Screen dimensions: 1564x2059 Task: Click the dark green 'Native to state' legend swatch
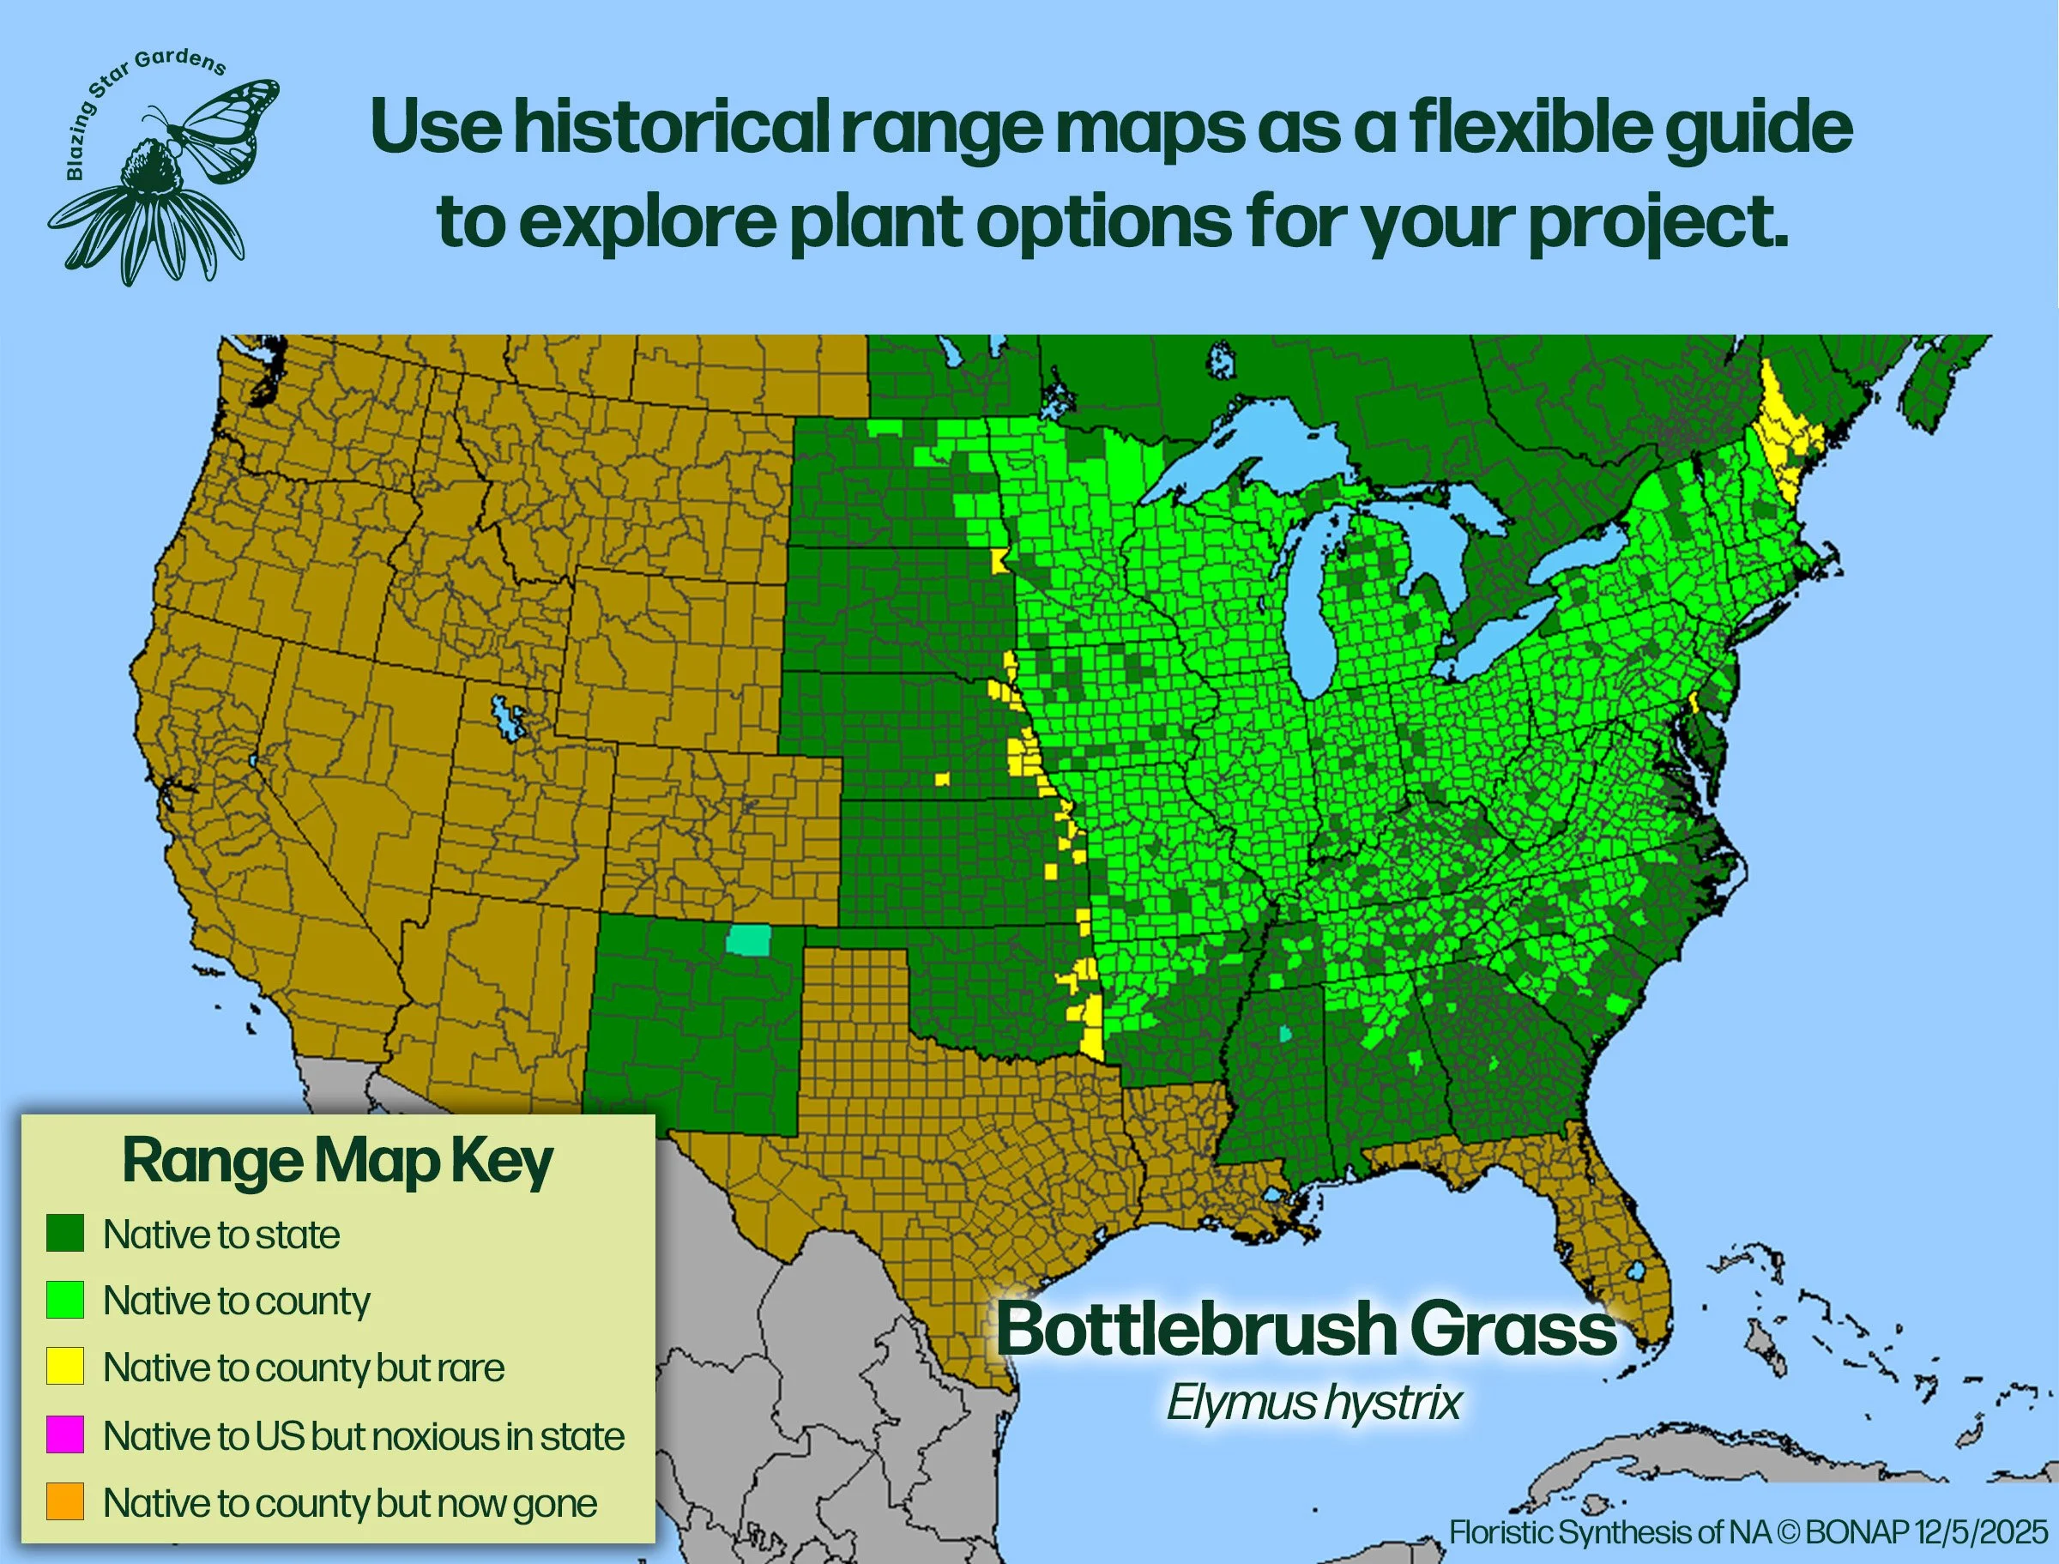point(65,1233)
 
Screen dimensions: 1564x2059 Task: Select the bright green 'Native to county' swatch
point(65,1300)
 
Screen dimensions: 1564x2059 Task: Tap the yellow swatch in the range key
point(65,1366)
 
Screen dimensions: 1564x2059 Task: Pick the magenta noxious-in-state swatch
point(65,1434)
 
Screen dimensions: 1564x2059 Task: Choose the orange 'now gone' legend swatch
point(65,1501)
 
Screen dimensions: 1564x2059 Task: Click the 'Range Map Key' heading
point(337,1162)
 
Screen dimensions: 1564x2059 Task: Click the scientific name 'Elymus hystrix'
point(1313,1402)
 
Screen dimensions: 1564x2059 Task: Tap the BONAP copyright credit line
point(1748,1531)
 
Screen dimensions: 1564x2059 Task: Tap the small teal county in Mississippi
point(1285,1033)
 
